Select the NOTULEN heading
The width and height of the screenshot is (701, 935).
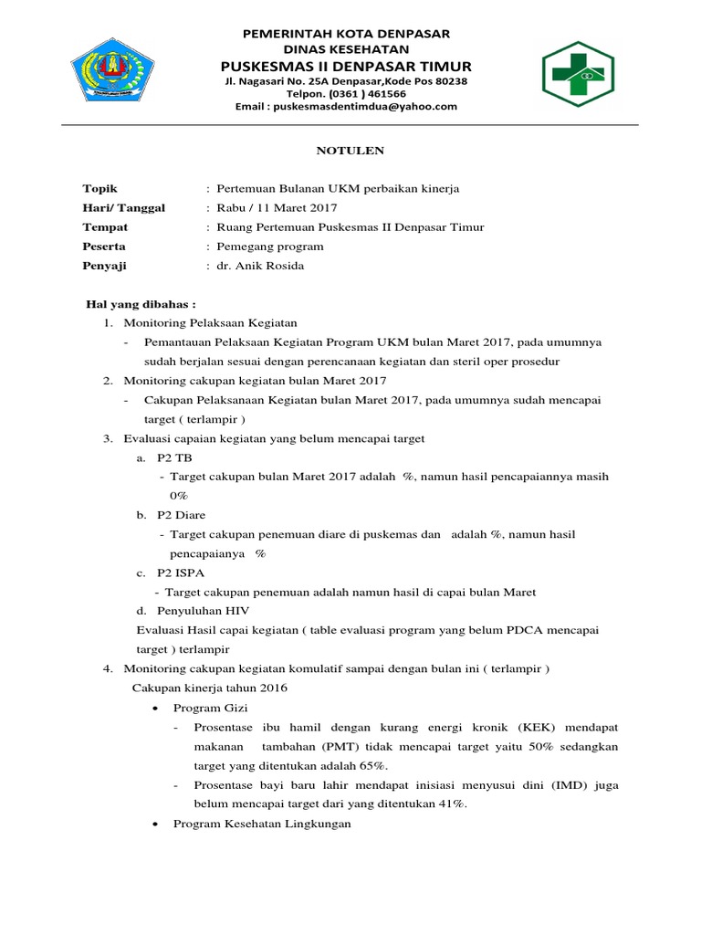pos(350,150)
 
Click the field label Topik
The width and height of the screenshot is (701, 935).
pos(100,189)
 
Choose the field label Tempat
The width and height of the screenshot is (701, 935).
pos(105,227)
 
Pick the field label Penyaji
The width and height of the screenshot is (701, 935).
pos(105,266)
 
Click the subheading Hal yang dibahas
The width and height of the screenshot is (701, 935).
pos(141,304)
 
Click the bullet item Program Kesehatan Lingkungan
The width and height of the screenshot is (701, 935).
pos(262,823)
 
